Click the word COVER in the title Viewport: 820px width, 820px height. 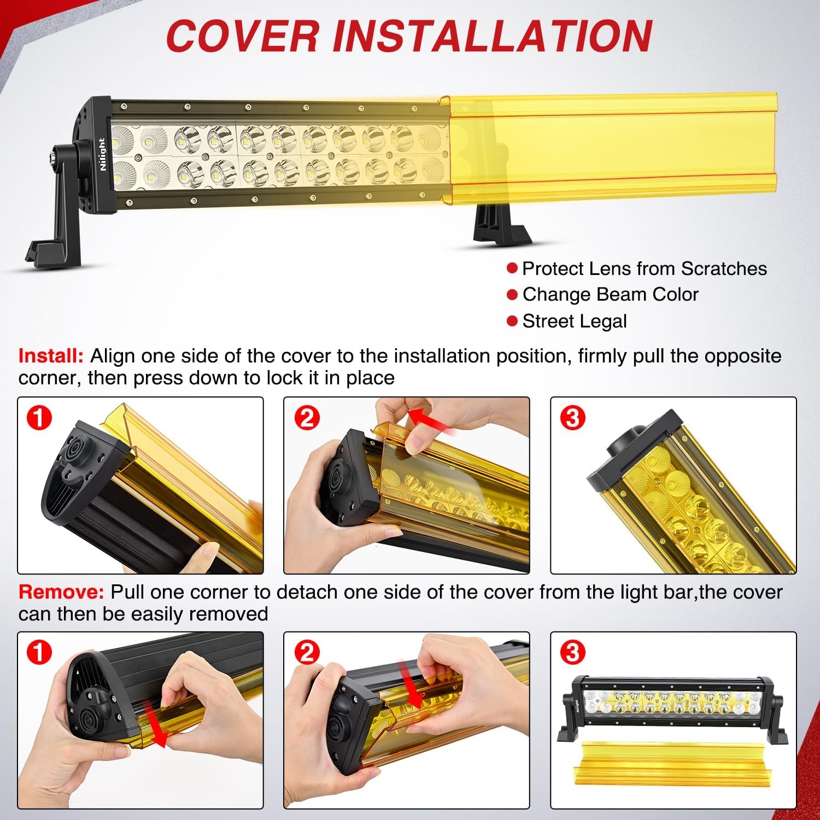242,36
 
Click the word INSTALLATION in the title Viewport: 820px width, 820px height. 493,36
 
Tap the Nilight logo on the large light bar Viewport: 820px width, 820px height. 102,154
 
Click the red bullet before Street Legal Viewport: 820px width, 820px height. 512,321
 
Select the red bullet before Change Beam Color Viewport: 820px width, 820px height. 512,295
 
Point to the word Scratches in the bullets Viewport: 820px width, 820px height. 724,268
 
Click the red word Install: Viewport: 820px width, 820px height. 51,356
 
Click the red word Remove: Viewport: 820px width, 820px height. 61,592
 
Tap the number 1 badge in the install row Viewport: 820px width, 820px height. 39,418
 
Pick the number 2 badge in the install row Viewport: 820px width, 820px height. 307,418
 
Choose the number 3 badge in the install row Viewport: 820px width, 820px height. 572,418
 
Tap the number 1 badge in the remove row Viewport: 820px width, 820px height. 39,652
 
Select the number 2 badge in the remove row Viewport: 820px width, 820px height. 307,652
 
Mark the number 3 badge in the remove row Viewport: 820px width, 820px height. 572,652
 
